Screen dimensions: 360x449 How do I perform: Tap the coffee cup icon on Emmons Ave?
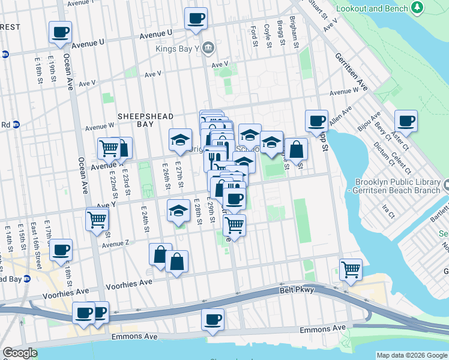(212, 319)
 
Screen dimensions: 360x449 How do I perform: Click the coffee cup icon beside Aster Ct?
(405, 121)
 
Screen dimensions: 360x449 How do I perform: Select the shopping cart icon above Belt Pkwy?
(351, 269)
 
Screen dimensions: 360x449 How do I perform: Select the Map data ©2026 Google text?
(412, 355)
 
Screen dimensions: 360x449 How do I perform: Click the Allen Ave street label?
(340, 117)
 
